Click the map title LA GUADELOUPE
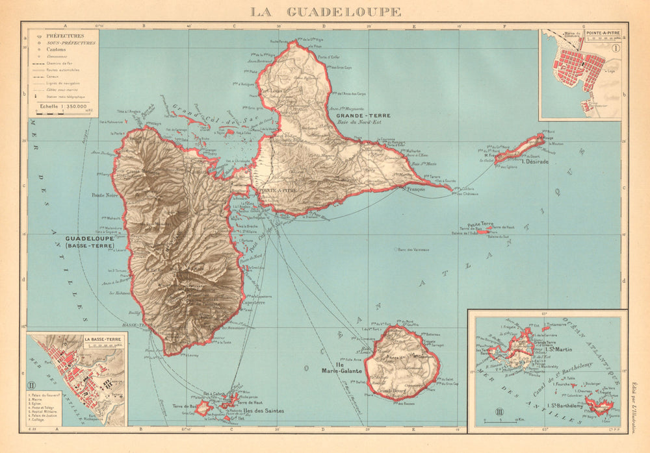326,12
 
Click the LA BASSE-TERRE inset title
103,339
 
